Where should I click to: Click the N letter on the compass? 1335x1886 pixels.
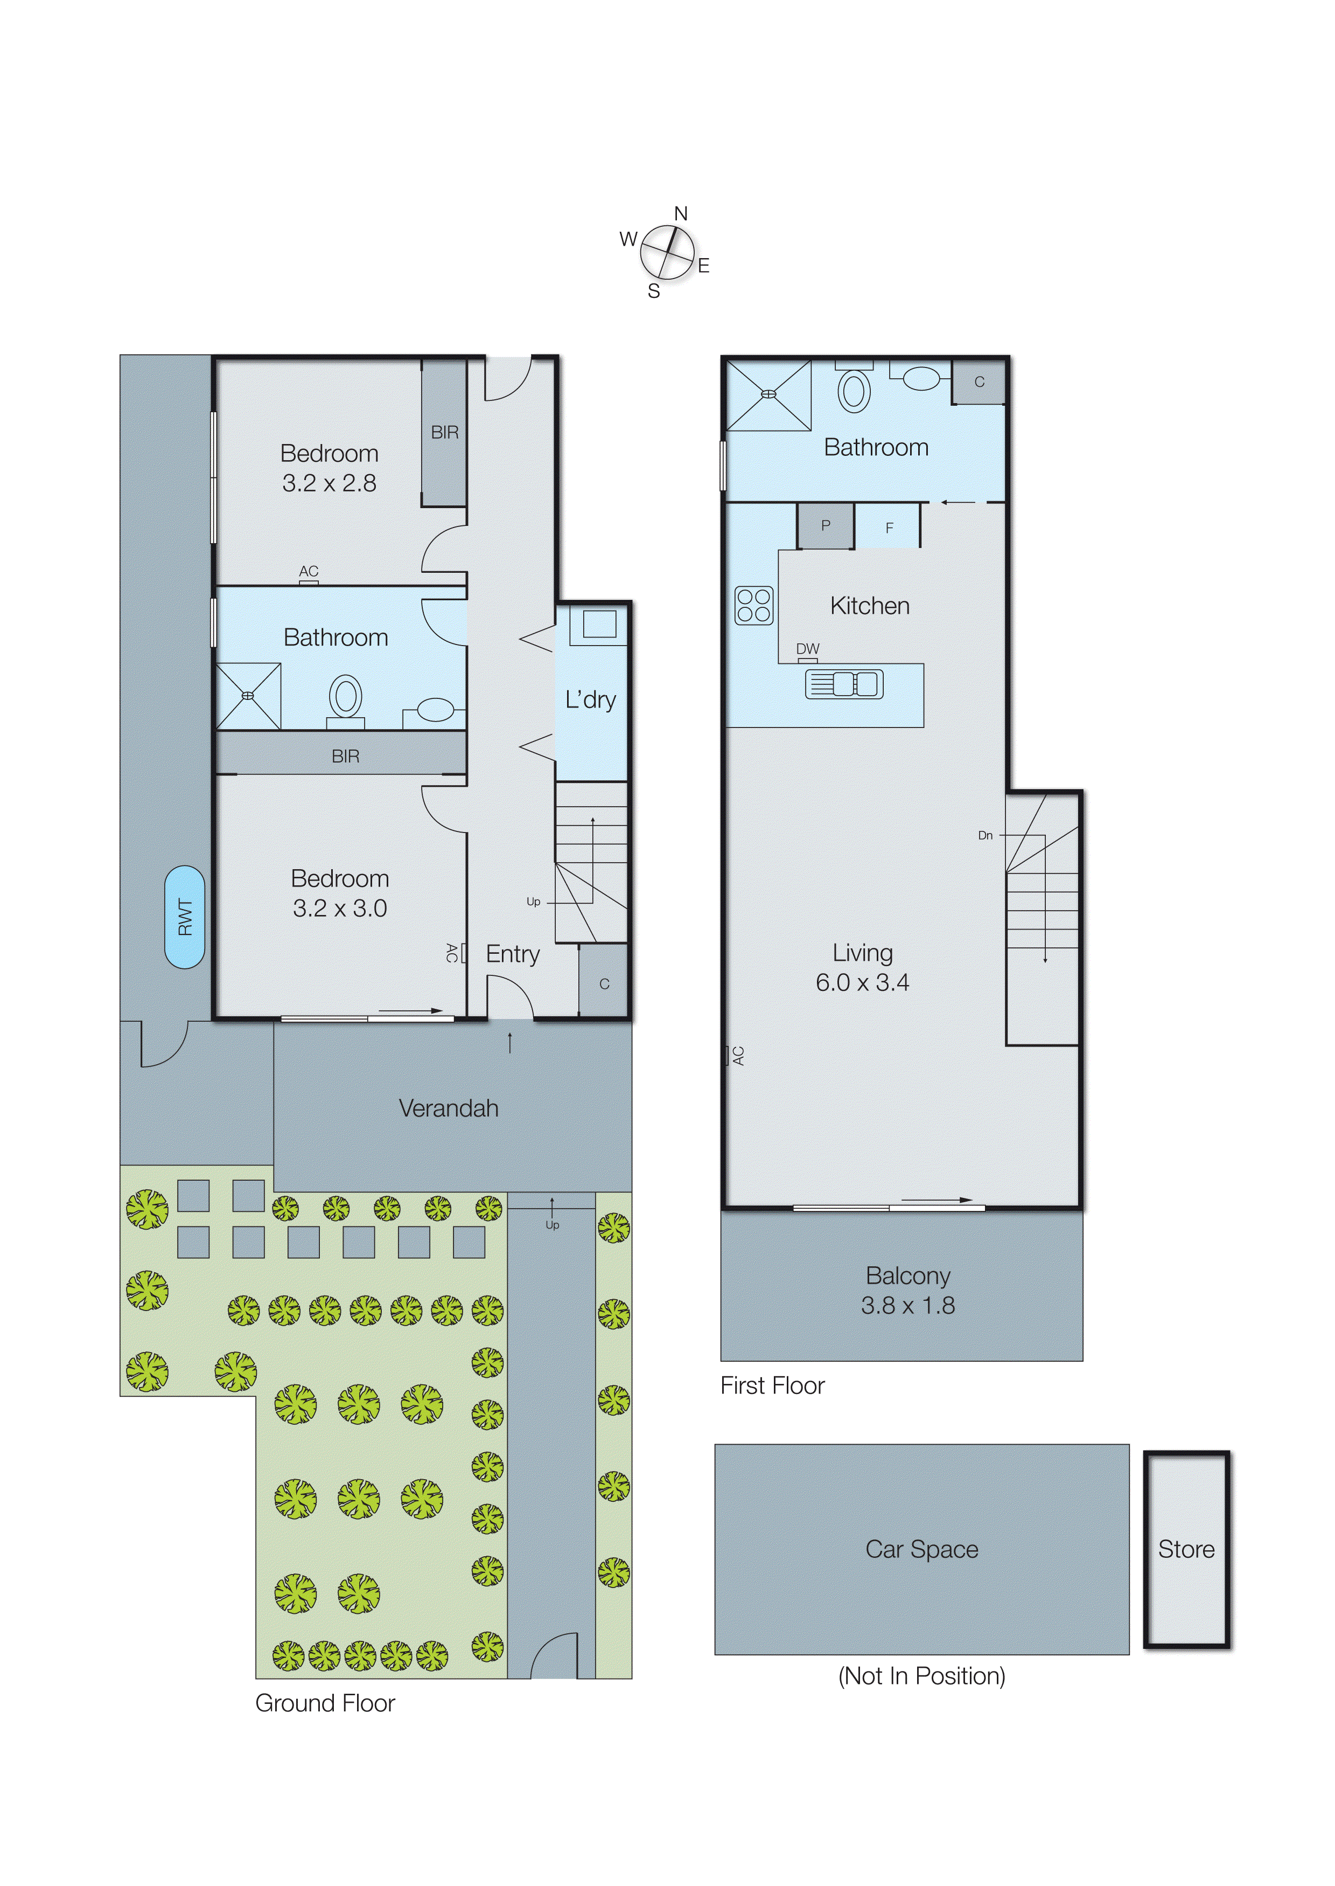click(x=681, y=214)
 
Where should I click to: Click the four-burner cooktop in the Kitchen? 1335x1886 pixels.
click(x=754, y=605)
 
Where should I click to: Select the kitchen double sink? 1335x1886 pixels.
click(x=844, y=683)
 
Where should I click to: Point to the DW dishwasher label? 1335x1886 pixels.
click(x=807, y=649)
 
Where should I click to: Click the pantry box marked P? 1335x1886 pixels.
click(x=826, y=525)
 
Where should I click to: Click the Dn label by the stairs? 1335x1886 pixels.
click(x=985, y=836)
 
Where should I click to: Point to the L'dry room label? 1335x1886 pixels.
click(x=590, y=700)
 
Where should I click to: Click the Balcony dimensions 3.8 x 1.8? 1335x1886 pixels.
click(x=907, y=1305)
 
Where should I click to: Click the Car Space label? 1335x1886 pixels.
click(x=921, y=1549)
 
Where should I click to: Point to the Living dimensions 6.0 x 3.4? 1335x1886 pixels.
click(x=862, y=982)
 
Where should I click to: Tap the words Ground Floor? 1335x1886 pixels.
click(x=325, y=1703)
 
